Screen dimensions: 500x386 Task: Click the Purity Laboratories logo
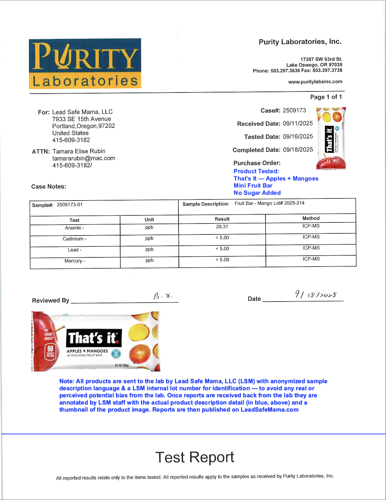pos(85,64)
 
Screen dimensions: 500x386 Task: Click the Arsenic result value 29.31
pos(222,227)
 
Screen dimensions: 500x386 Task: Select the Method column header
pos(311,218)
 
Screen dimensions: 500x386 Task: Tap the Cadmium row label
pos(75,239)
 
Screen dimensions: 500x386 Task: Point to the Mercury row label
pos(75,261)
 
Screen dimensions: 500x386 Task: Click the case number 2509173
pos(294,111)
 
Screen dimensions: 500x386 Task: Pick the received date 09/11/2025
pos(298,124)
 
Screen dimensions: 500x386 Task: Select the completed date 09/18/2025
pos(298,150)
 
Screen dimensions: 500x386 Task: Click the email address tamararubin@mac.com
pos(84,158)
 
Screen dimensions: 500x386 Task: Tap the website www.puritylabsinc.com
pos(315,82)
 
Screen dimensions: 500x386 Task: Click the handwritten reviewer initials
pos(163,296)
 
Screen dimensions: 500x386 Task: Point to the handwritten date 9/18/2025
pos(316,294)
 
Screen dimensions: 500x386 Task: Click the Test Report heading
pos(195,457)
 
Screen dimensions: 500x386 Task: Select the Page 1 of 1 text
pos(326,97)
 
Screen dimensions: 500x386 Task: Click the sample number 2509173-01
pos(70,205)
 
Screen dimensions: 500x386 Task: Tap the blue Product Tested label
pos(256,171)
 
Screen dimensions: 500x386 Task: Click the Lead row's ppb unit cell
pos(149,249)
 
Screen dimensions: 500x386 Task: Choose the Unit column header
pos(149,219)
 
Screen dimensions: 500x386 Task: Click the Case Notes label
pos(48,186)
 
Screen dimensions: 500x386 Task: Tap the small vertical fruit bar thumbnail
pos(331,138)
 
